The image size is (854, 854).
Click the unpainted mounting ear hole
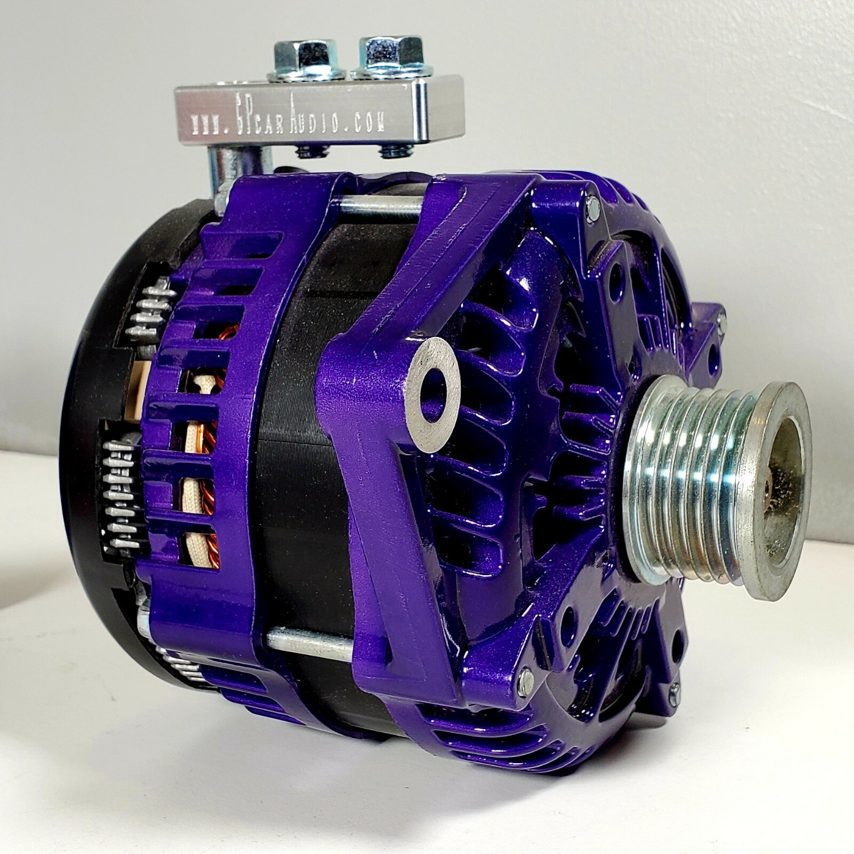coord(433,394)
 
